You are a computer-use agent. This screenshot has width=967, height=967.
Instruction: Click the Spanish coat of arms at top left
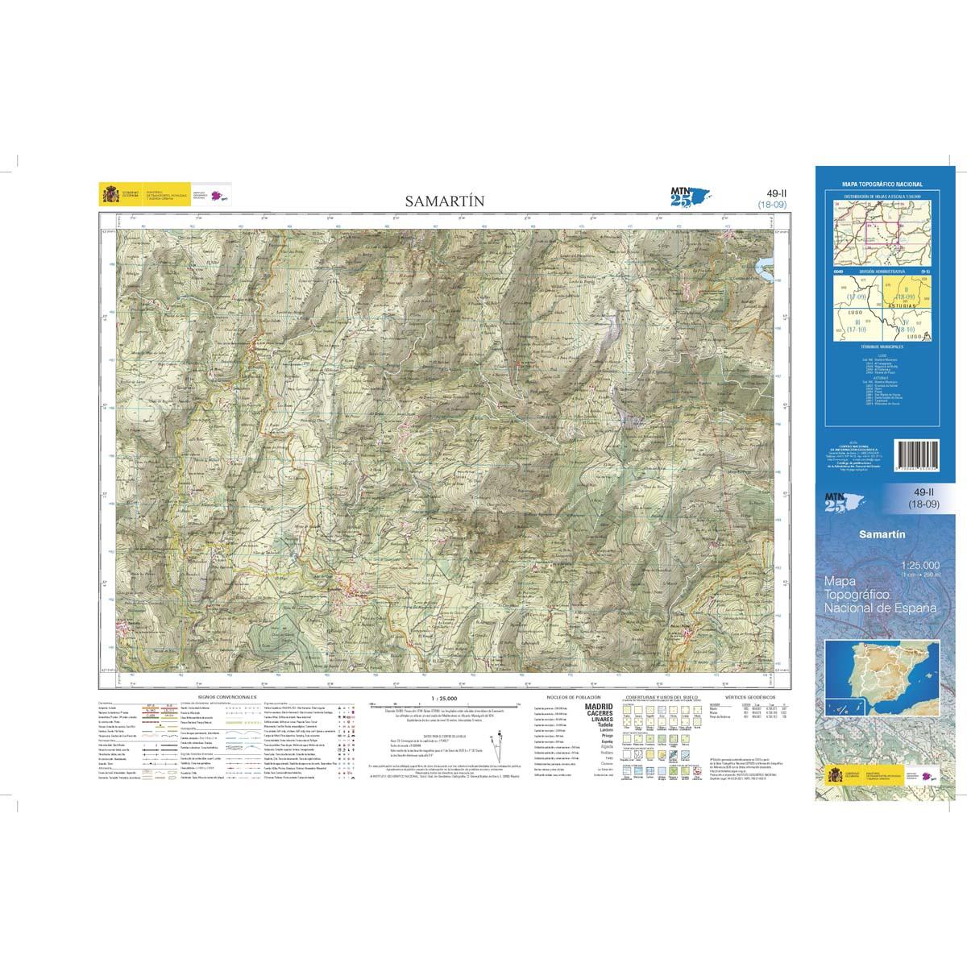click(108, 194)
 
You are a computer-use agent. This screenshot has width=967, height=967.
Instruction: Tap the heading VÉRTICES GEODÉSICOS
click(749, 695)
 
